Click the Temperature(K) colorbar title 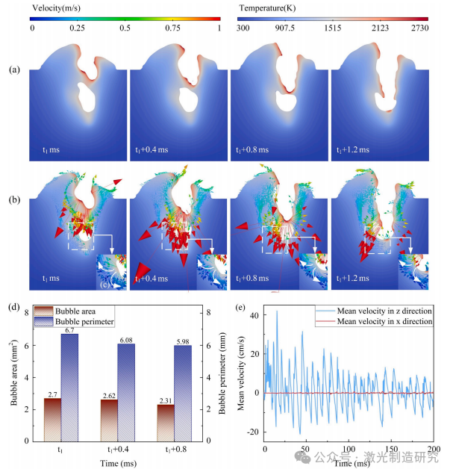coord(270,7)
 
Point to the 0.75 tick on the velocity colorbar coord(173,28)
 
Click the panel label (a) coord(14,71)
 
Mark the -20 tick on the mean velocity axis coord(254,432)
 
